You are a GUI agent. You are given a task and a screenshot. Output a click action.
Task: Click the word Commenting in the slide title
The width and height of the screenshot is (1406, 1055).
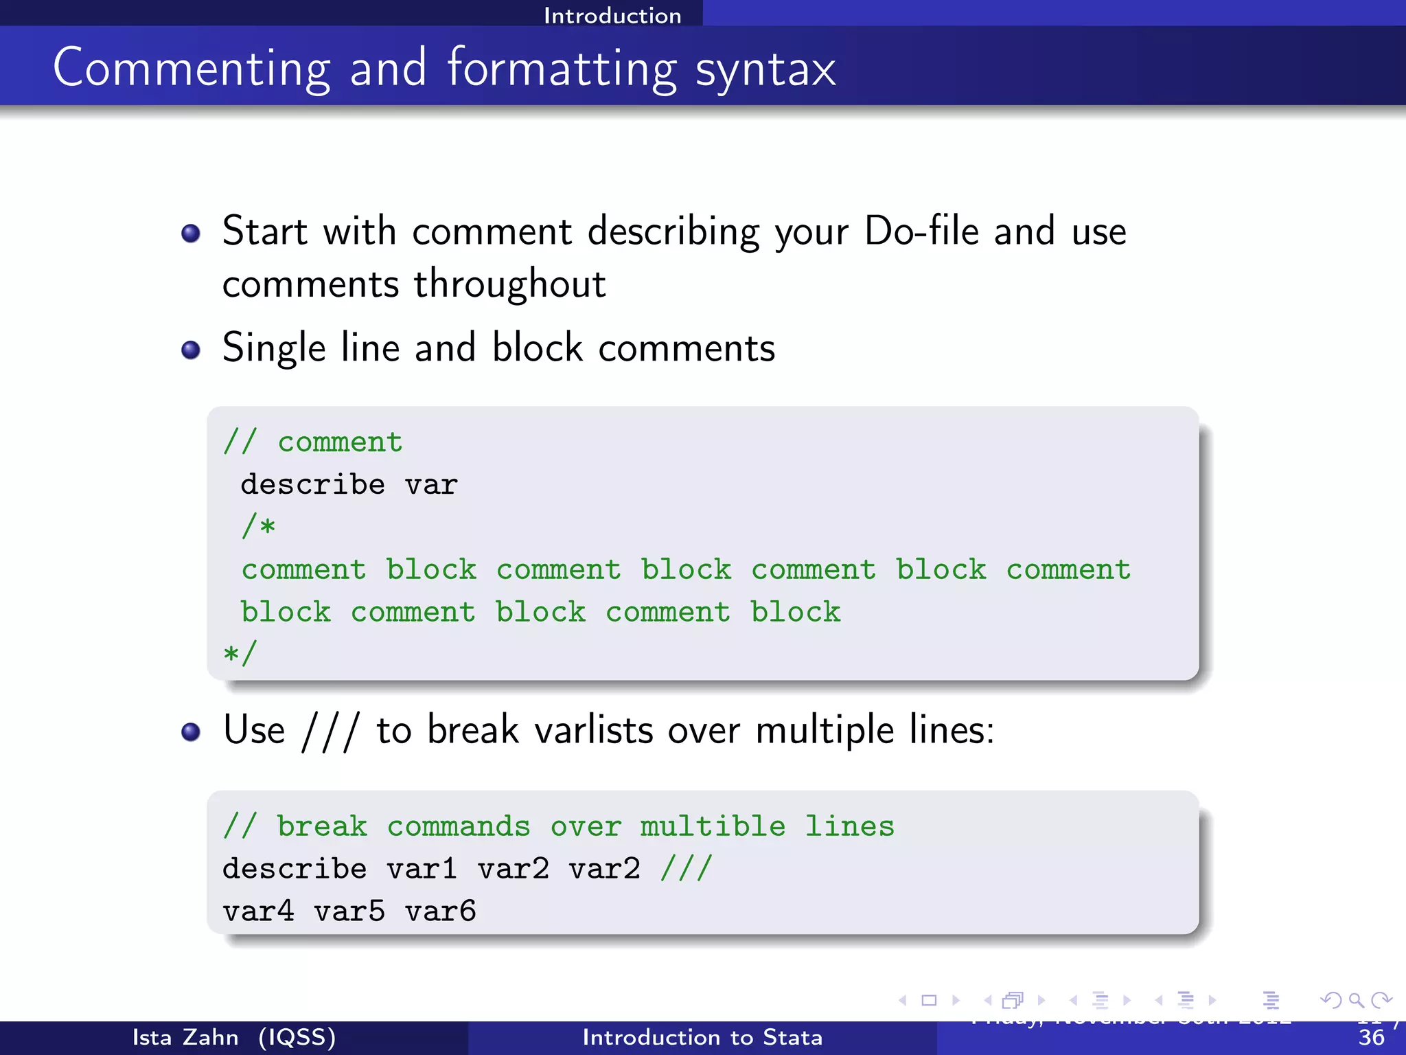point(192,69)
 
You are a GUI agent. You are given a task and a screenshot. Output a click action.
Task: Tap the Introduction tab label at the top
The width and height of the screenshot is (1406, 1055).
point(612,15)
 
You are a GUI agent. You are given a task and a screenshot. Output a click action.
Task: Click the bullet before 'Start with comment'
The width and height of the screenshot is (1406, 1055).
point(191,234)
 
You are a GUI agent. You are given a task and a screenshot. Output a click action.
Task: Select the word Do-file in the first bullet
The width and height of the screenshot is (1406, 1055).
point(921,231)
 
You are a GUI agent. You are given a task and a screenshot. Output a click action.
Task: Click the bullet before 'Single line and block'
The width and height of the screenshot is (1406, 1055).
point(191,350)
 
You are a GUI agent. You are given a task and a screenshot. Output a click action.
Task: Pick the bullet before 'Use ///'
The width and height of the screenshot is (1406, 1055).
point(191,731)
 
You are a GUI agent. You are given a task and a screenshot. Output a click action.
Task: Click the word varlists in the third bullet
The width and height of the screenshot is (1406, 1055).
point(594,729)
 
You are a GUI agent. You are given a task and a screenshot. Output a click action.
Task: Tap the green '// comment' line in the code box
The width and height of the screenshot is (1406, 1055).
point(313,442)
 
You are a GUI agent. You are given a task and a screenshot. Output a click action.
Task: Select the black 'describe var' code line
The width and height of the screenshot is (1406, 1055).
point(349,485)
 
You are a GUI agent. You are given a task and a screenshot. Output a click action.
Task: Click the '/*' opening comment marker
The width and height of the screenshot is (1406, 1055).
point(258,527)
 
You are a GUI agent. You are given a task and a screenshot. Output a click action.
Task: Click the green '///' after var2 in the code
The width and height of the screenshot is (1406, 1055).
point(687,868)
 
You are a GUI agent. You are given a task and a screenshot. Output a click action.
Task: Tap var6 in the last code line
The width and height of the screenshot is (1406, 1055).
point(440,911)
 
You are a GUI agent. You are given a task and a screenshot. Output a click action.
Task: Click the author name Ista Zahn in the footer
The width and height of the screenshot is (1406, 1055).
point(185,1037)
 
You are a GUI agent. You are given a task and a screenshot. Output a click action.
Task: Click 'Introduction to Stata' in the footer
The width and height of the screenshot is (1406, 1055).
point(702,1037)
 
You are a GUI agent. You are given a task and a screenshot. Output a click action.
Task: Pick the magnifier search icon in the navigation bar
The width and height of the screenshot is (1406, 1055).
point(1356,1000)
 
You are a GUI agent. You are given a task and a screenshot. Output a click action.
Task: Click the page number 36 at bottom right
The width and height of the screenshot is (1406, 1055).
point(1371,1038)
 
